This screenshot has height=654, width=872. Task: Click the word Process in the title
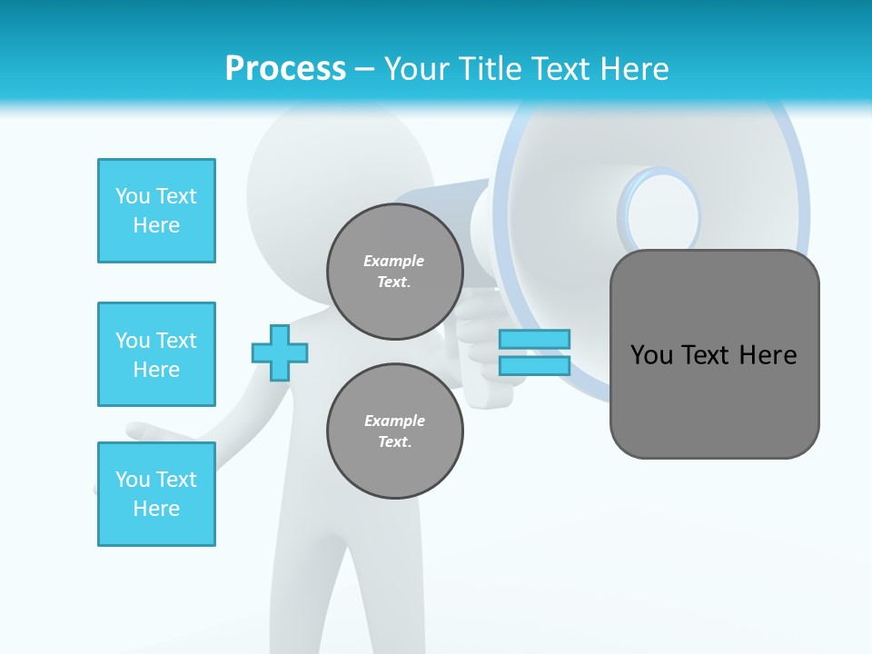tap(285, 68)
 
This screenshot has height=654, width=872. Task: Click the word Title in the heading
tap(490, 68)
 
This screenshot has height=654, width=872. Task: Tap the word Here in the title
tap(629, 68)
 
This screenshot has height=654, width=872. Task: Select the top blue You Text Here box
tap(156, 211)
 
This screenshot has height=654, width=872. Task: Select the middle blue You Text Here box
tap(156, 354)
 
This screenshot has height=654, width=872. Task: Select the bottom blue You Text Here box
tap(156, 494)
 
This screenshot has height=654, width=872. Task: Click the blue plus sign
tap(279, 352)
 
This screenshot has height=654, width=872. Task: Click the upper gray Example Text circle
tap(395, 272)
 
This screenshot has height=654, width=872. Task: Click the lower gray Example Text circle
tap(395, 431)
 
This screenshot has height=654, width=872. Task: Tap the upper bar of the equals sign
tap(534, 339)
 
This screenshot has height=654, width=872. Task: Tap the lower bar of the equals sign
tap(534, 365)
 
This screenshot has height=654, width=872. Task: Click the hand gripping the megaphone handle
tap(486, 354)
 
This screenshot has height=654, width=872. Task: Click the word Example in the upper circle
tap(393, 261)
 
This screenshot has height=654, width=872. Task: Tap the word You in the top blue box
tap(133, 196)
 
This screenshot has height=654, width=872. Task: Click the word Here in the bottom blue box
tap(156, 509)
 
